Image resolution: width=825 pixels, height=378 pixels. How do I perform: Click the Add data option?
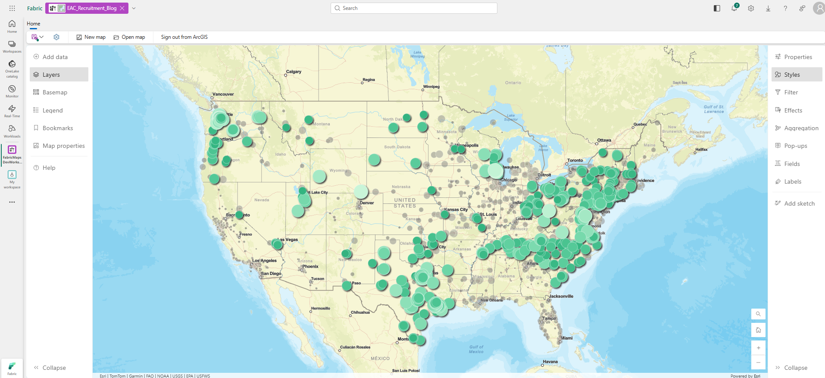tap(55, 57)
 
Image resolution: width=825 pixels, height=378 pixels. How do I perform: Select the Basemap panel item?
tap(55, 92)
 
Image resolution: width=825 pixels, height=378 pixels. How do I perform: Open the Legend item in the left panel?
tap(53, 110)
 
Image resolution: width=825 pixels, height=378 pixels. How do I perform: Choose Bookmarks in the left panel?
tap(58, 128)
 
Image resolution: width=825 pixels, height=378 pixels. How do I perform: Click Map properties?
tap(63, 146)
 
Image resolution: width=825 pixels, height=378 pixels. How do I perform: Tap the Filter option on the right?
tap(791, 92)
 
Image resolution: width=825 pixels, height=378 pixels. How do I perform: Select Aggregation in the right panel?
tap(801, 128)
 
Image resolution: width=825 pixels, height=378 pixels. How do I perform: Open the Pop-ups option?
tap(795, 146)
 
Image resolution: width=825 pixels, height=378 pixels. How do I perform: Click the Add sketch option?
tap(799, 203)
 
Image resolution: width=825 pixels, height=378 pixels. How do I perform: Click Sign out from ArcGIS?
tap(184, 37)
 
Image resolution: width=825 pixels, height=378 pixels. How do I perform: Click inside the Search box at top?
tap(414, 8)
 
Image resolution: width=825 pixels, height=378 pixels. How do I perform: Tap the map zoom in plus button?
tap(758, 348)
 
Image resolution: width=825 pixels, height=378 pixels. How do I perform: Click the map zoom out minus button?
tap(758, 362)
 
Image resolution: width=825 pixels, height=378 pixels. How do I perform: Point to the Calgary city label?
tap(294, 72)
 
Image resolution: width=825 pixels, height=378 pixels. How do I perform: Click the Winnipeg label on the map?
tap(431, 87)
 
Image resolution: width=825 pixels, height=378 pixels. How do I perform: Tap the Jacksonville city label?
tap(561, 296)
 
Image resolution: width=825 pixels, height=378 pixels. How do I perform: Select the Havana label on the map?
tap(550, 362)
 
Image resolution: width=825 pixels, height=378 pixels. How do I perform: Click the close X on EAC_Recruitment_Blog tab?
tap(122, 8)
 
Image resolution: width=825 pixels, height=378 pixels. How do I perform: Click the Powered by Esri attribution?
tap(745, 376)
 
